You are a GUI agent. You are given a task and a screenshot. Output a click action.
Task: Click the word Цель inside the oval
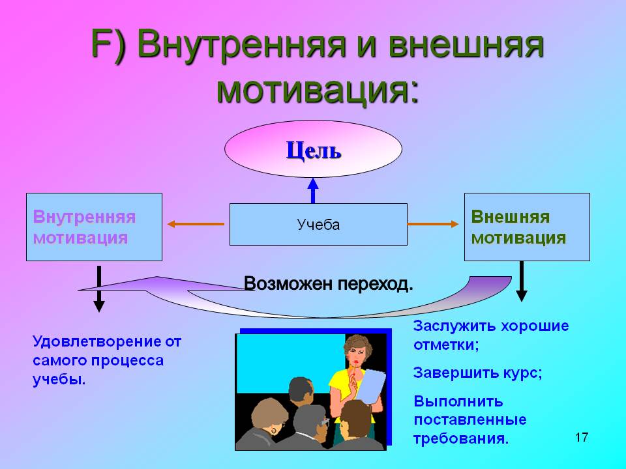314,150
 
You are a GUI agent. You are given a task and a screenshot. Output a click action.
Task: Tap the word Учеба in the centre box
318,225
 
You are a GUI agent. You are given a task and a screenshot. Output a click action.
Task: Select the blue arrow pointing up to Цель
313,191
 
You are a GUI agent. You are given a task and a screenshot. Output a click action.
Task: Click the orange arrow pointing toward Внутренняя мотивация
196,224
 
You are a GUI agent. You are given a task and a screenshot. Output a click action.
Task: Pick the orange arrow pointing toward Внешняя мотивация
433,224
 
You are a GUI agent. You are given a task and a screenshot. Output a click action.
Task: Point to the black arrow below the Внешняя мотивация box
522,281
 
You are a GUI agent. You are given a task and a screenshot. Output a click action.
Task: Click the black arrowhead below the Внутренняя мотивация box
99,306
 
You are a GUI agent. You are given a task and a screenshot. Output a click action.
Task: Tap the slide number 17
582,437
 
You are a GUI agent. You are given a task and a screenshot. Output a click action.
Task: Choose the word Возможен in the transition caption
288,283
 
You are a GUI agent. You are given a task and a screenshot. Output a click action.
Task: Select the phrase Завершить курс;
477,373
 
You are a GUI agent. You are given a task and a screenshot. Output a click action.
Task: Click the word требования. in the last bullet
461,438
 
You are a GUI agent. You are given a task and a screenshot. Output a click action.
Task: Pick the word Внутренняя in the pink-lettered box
84,218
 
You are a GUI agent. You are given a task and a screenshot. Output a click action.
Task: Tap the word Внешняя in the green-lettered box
510,217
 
